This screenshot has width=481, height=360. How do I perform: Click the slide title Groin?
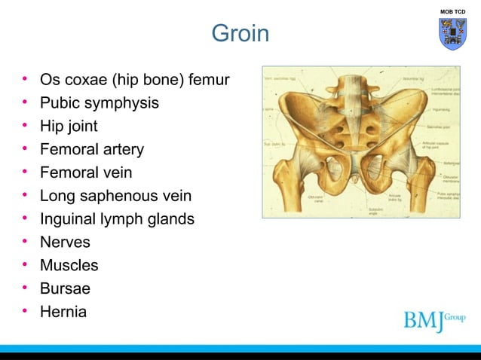pos(240,34)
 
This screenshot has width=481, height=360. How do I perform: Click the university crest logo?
pos(452,35)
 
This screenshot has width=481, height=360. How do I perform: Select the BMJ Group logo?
pos(434,319)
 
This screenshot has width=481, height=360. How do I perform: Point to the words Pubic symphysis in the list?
pos(100,102)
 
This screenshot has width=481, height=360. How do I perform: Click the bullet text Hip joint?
pos(69,126)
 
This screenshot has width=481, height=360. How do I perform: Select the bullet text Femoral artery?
pos(92,149)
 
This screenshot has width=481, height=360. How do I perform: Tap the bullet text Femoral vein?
pos(86,172)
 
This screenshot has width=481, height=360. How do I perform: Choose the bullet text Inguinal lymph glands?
pos(117,219)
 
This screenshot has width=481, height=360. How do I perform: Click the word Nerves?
pos(65,243)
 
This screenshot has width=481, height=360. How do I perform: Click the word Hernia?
pos(63,310)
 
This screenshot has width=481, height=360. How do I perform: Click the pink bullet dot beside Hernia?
pos(25,310)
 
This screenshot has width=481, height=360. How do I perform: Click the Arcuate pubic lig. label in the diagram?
pos(398,199)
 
